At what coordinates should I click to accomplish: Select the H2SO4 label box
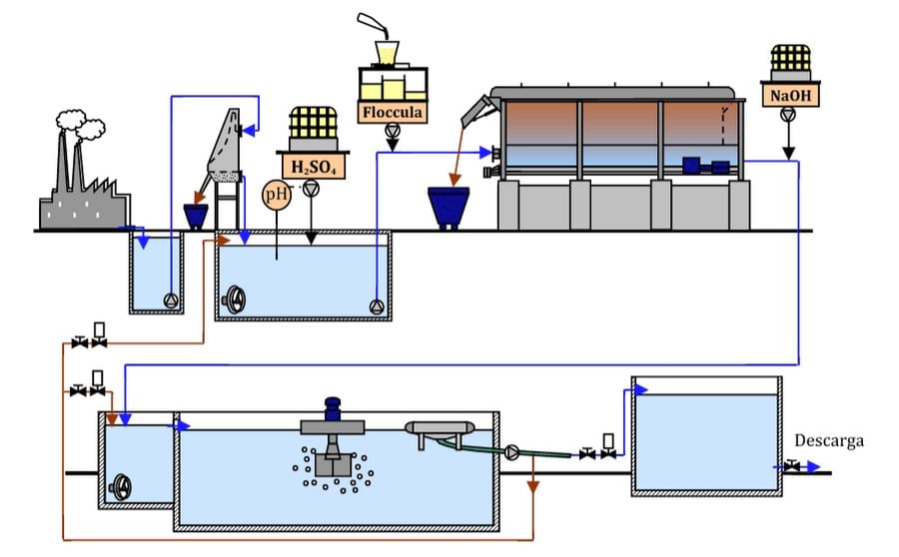(314, 166)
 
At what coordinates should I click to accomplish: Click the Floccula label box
(394, 112)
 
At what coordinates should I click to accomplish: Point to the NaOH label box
(789, 97)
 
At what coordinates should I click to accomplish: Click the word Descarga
(828, 440)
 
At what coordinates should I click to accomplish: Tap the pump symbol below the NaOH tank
(789, 116)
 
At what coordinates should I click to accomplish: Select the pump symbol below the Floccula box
(394, 131)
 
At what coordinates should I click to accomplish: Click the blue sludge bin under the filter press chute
(449, 204)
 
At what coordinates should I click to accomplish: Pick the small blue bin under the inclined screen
(196, 215)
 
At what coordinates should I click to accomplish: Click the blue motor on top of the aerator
(333, 409)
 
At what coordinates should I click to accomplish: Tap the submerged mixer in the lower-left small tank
(121, 487)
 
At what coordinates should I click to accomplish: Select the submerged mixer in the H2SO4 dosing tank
(236, 299)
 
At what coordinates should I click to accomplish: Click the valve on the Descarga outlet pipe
(792, 466)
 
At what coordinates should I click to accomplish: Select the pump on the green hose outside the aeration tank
(513, 452)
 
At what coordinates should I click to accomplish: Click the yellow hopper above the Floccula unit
(384, 51)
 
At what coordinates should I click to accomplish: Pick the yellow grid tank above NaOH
(789, 60)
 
